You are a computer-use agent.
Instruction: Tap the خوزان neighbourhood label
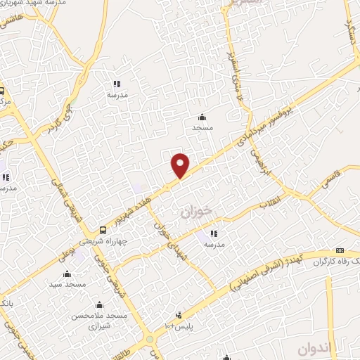[x=197, y=213]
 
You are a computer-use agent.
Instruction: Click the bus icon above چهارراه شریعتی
[x=103, y=229]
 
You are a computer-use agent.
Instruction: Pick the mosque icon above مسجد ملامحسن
[x=99, y=304]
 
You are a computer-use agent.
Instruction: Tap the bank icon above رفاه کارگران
[x=340, y=251]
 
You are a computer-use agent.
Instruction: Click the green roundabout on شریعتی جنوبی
[x=150, y=341]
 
